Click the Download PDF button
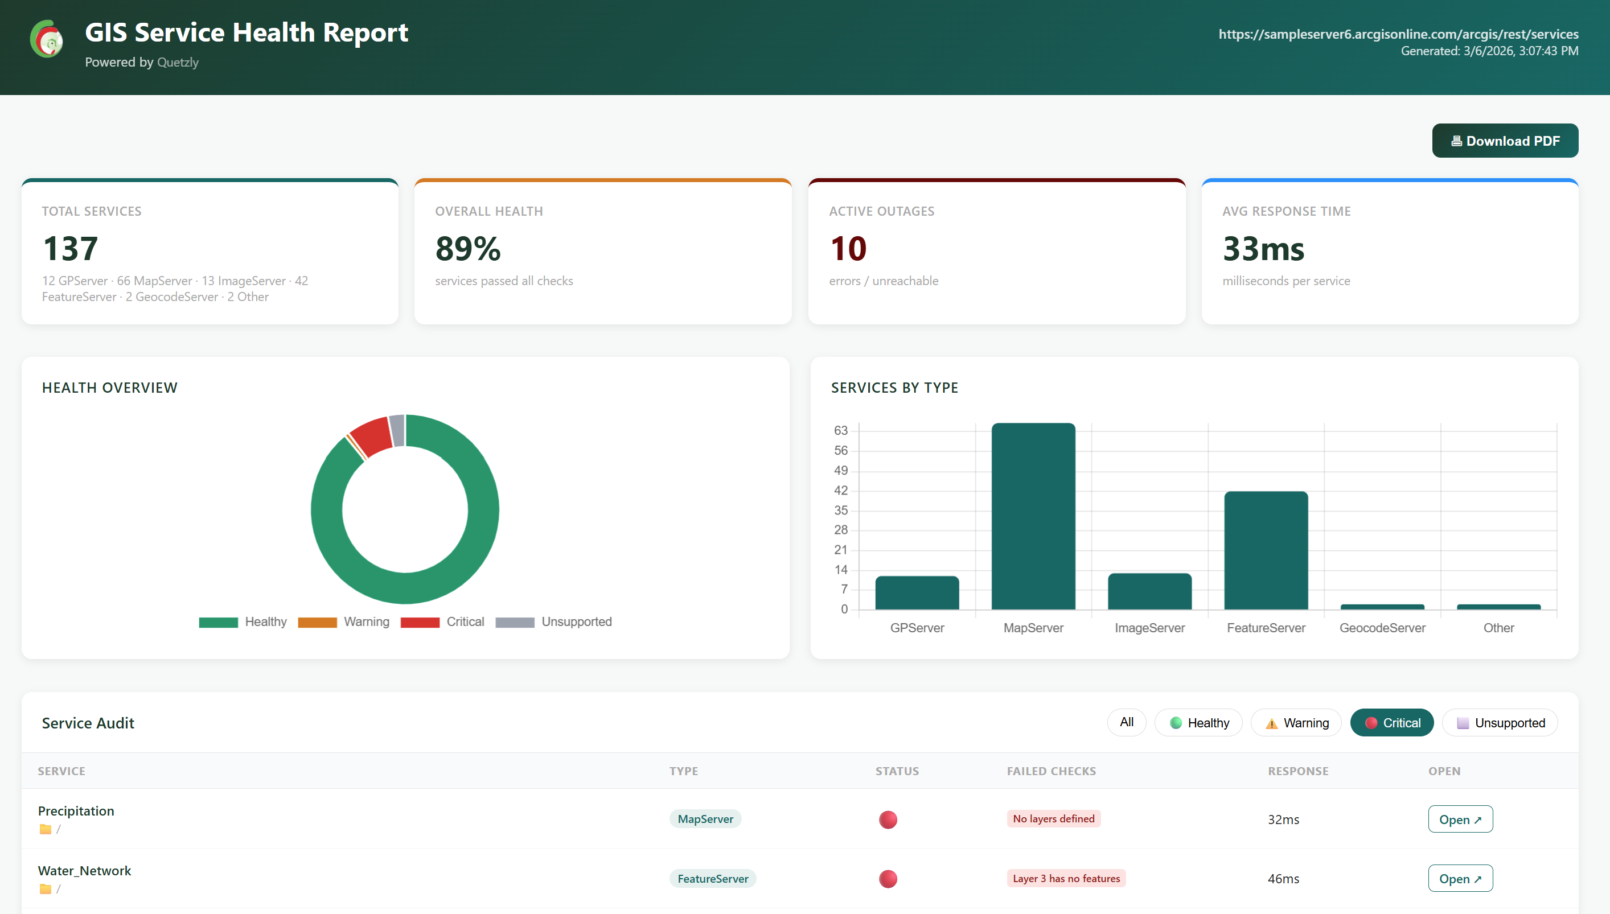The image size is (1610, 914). click(x=1505, y=141)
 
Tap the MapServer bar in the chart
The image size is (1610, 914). click(x=1033, y=516)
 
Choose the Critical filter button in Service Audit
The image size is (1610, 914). click(x=1391, y=723)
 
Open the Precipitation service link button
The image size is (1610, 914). click(x=1460, y=819)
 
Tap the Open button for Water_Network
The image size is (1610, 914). click(x=1460, y=878)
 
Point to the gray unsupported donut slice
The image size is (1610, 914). click(x=397, y=430)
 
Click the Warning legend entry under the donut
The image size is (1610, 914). click(x=343, y=621)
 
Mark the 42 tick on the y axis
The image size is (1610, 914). click(x=840, y=490)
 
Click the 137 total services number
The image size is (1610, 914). click(x=71, y=249)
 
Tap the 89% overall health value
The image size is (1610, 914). click(x=468, y=249)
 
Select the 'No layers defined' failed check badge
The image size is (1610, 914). click(x=1053, y=818)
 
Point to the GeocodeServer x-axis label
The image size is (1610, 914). click(x=1382, y=628)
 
